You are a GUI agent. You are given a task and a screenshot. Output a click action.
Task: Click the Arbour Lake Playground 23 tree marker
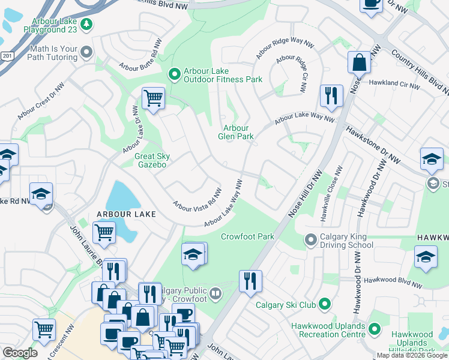pyautogui.click(x=88, y=23)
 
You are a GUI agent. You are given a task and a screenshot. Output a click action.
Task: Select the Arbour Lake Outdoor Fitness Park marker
pyautogui.click(x=175, y=74)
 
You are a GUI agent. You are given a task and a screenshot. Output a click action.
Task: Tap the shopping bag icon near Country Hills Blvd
pyautogui.click(x=359, y=62)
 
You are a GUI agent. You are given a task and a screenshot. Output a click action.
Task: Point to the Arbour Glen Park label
pyautogui.click(x=236, y=132)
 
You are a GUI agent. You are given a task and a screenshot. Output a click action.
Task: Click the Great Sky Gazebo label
pyautogui.click(x=154, y=160)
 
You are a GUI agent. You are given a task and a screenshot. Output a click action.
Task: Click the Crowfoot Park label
pyautogui.click(x=247, y=236)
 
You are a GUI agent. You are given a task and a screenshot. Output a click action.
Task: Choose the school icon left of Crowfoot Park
pyautogui.click(x=193, y=254)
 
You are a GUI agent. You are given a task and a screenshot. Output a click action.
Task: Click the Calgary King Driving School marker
pyautogui.click(x=310, y=240)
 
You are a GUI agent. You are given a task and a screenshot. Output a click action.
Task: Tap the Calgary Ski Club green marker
pyautogui.click(x=325, y=304)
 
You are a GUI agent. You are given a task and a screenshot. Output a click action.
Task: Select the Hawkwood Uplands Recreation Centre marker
pyautogui.click(x=375, y=329)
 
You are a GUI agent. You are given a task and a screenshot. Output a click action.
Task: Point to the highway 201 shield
pyautogui.click(x=7, y=56)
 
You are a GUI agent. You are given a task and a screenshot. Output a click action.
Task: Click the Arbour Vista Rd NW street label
pyautogui.click(x=197, y=199)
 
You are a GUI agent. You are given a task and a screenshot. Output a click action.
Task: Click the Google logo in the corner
pyautogui.click(x=20, y=353)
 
